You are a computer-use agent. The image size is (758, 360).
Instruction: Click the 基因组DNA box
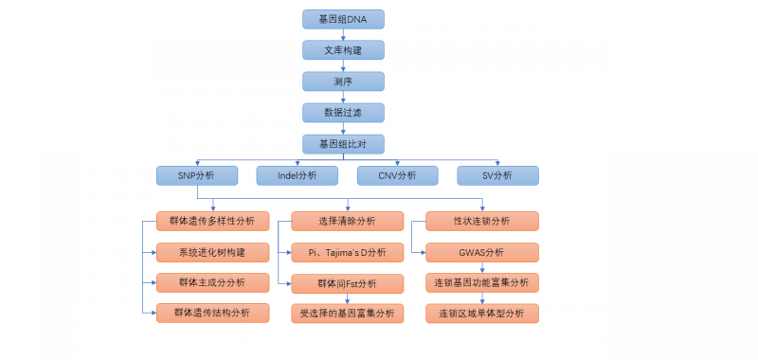343,19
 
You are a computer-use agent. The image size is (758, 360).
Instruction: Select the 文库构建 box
343,50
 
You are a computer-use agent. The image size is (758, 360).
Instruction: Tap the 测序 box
343,81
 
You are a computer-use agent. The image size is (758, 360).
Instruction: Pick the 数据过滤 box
343,113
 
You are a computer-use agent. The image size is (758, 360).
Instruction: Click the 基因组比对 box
343,144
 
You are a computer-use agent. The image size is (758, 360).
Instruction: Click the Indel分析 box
297,175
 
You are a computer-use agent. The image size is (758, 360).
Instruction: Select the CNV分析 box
397,175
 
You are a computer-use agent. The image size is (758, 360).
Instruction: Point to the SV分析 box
497,175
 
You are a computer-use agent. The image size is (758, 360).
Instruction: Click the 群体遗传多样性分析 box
212,222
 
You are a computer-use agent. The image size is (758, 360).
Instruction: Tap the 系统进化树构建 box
212,253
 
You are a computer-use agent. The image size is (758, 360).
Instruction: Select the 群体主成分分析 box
212,282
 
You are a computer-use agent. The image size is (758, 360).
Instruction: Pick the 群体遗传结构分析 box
212,313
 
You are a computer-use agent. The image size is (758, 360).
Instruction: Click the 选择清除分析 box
346,222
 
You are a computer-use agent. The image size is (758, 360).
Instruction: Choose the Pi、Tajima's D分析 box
346,253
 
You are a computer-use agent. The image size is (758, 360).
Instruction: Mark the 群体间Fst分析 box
346,282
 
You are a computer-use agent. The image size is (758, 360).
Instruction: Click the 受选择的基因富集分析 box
346,313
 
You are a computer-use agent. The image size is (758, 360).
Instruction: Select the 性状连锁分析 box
481,222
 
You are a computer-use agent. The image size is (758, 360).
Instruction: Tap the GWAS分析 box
481,253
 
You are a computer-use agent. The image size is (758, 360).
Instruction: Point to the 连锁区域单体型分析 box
481,313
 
